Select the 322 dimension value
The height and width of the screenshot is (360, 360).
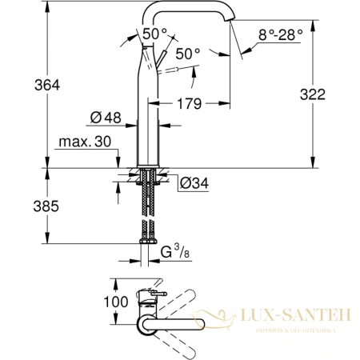334,94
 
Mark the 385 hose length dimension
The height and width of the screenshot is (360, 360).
23,206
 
